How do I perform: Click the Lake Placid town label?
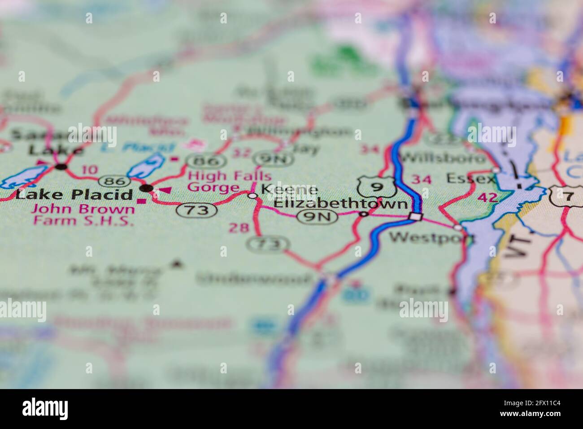point(74,194)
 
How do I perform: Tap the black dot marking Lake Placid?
point(147,187)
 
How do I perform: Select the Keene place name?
point(289,189)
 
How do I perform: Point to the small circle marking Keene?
point(253,195)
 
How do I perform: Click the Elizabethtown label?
point(340,204)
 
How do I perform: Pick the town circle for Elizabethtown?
point(364,214)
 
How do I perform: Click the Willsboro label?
point(444,158)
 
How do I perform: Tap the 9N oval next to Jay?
point(273,158)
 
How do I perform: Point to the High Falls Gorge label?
point(229,181)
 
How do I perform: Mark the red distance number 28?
point(239,228)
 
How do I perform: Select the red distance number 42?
point(487,197)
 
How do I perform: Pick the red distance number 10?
point(90,169)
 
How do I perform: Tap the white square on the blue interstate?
point(416,217)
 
